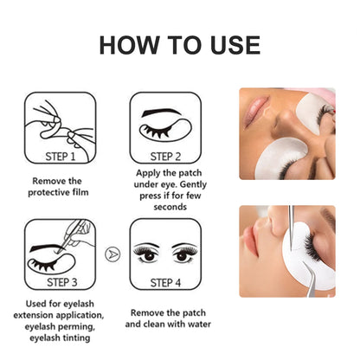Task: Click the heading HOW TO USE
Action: [179, 45]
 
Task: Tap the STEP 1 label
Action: [61, 157]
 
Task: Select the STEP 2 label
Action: [165, 157]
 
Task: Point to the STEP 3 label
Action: [61, 281]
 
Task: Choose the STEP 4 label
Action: [165, 281]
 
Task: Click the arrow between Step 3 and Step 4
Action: [112, 254]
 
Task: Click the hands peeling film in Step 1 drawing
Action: [60, 121]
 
